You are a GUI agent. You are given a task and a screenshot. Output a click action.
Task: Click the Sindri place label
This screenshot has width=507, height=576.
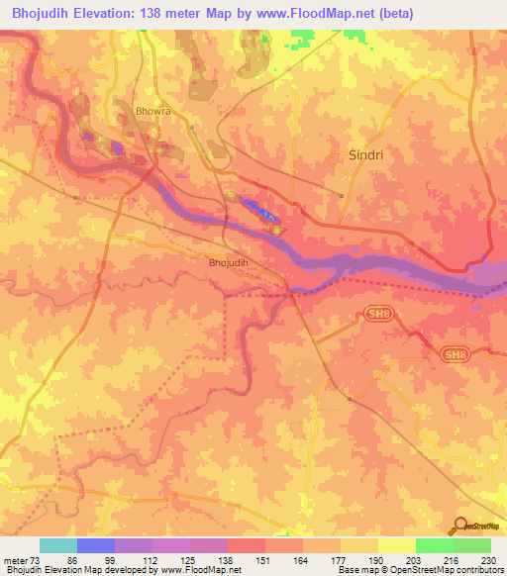pyautogui.click(x=365, y=155)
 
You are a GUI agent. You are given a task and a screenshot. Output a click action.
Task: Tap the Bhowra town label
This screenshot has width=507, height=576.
pyautogui.click(x=152, y=112)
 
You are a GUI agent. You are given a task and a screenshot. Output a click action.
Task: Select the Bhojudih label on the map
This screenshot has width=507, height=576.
pyautogui.click(x=229, y=263)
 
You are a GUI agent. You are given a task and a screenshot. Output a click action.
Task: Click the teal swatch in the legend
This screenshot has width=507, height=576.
pyautogui.click(x=57, y=545)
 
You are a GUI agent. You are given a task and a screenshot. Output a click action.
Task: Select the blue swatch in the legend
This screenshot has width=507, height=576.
pyautogui.click(x=95, y=545)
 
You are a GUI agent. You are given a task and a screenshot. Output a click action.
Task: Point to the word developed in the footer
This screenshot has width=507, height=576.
pyautogui.click(x=126, y=571)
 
